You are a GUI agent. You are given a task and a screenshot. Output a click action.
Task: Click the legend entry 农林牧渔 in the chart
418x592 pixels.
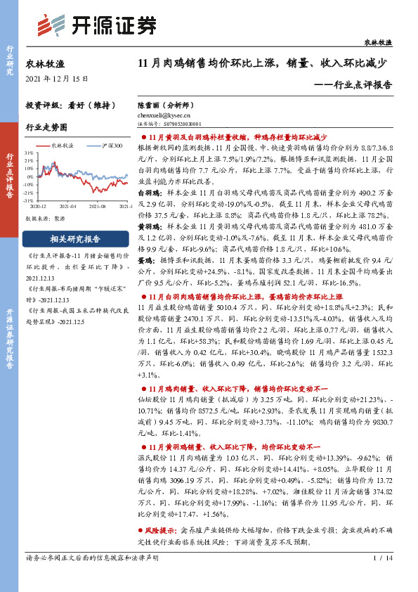[64, 145]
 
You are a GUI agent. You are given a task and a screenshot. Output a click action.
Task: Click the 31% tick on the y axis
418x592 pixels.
[30, 152]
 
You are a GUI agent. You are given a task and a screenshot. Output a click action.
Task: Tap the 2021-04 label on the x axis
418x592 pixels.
[67, 207]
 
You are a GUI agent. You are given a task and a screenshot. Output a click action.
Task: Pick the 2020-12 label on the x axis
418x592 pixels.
[39, 207]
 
